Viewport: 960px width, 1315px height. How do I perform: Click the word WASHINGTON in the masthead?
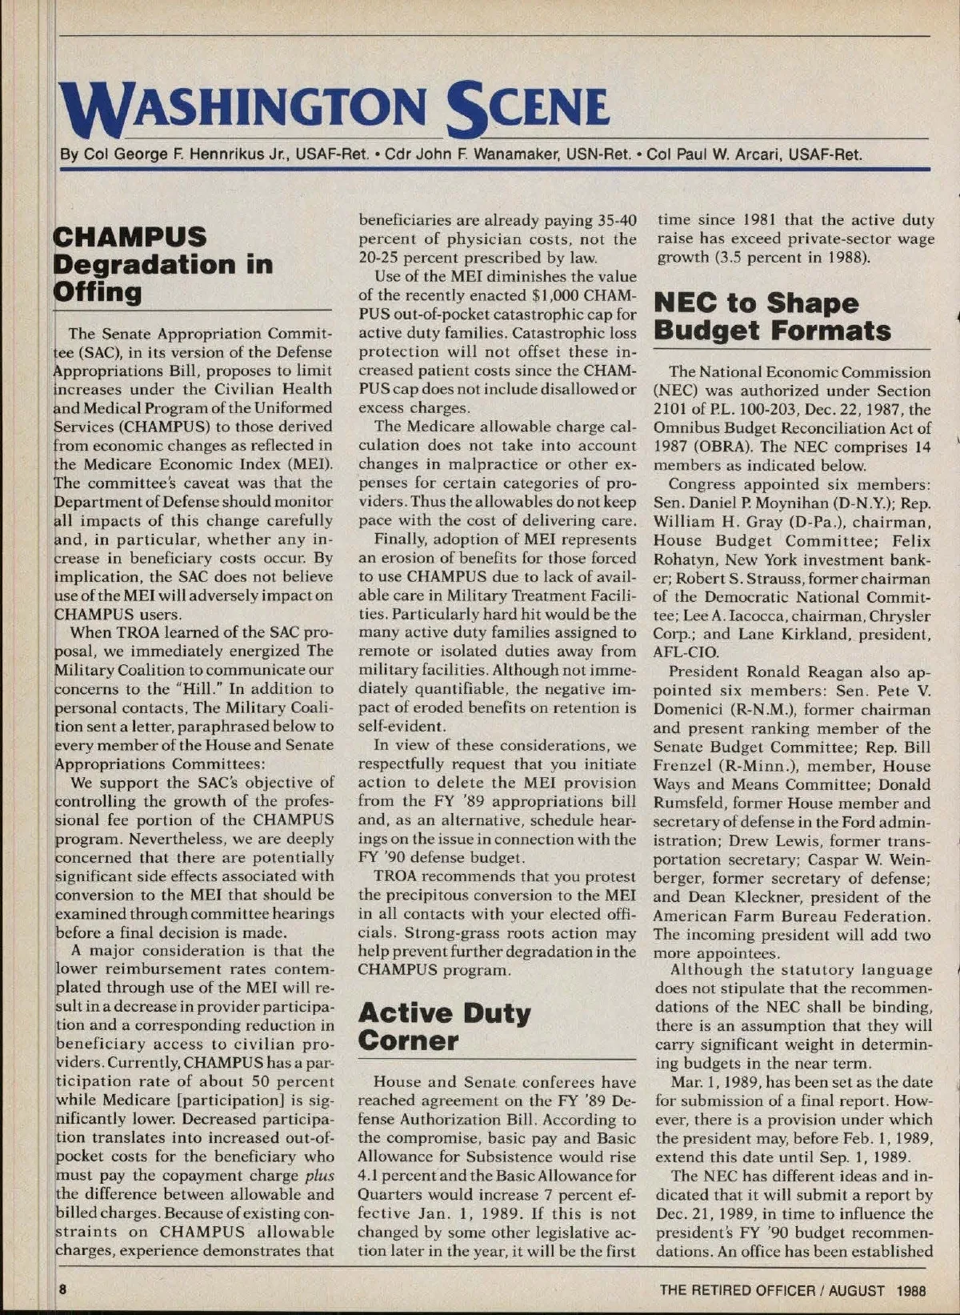(x=240, y=108)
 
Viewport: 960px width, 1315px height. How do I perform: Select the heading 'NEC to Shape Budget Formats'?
(x=772, y=316)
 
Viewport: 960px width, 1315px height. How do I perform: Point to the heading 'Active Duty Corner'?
(x=444, y=1026)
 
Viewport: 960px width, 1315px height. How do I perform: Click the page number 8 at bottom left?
(x=61, y=1289)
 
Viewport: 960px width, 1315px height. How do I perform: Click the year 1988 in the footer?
(x=910, y=1290)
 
